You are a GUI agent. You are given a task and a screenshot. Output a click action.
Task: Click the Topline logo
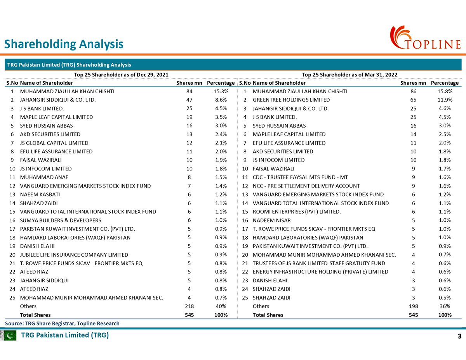pyautogui.click(x=425, y=38)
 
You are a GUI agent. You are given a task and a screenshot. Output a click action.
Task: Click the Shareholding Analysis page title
pyautogui.click(x=64, y=44)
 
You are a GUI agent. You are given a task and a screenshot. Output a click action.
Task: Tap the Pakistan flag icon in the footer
pyautogui.click(x=9, y=336)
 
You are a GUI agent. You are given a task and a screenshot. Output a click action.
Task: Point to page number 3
pyautogui.click(x=459, y=336)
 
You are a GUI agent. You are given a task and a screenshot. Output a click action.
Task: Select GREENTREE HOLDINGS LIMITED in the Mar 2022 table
pyautogui.click(x=291, y=100)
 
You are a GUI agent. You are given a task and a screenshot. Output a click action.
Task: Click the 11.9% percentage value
pyautogui.click(x=445, y=100)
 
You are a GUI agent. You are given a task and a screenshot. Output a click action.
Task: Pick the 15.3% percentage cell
pyautogui.click(x=221, y=91)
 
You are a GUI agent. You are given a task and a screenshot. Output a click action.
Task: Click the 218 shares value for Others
pyautogui.click(x=190, y=306)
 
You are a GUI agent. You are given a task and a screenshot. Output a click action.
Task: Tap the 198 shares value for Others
pyautogui.click(x=413, y=306)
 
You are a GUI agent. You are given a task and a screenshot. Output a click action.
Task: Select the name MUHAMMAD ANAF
pyautogui.click(x=44, y=177)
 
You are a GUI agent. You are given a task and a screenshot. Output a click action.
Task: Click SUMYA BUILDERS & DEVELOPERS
pyautogui.click(x=61, y=221)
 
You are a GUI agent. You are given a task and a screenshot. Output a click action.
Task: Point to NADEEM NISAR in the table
pyautogui.click(x=271, y=221)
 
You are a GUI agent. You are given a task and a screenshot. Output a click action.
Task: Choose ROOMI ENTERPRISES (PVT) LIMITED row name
pyautogui.click(x=297, y=212)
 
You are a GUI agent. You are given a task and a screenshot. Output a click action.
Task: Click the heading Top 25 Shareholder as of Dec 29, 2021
pyautogui.click(x=121, y=75)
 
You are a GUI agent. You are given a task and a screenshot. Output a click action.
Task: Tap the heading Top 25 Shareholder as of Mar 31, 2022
pyautogui.click(x=349, y=75)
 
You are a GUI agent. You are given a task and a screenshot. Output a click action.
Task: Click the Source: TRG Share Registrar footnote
pyautogui.click(x=62, y=323)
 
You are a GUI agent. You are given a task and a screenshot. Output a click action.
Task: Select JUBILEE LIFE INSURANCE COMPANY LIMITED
pyautogui.click(x=74, y=255)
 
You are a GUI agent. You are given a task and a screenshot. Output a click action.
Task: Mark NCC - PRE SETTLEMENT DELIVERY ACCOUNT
pyautogui.click(x=306, y=186)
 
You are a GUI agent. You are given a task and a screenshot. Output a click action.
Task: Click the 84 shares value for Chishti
pyautogui.click(x=190, y=91)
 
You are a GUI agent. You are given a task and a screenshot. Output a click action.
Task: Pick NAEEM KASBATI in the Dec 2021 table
pyautogui.click(x=40, y=195)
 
